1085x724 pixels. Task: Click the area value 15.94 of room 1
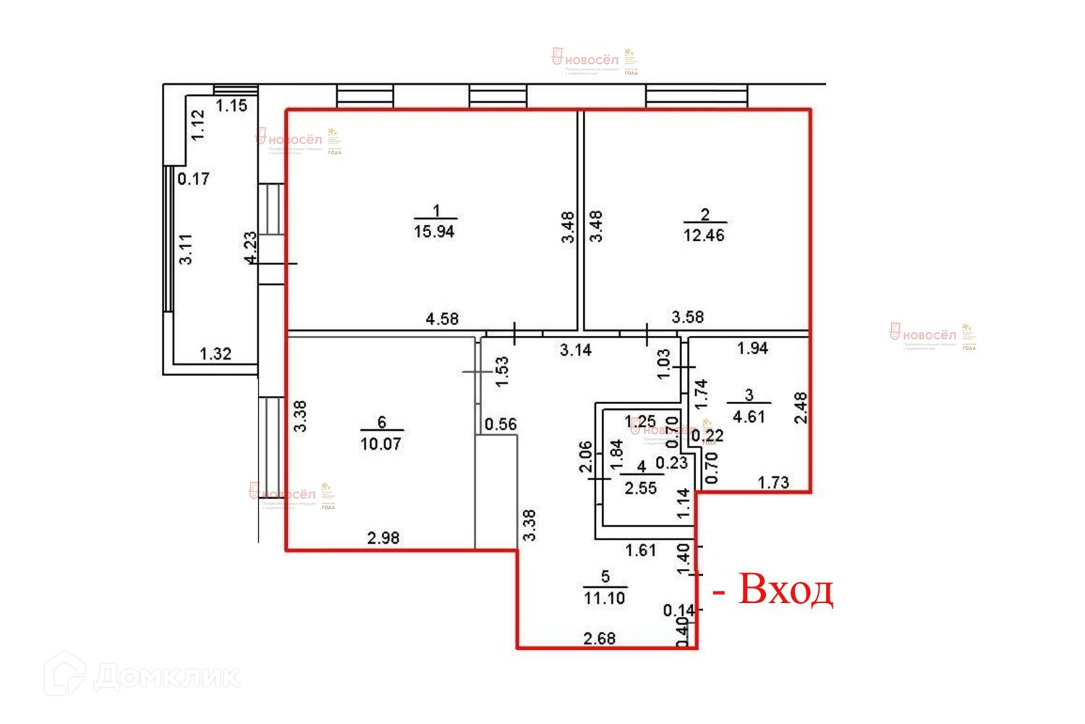tap(434, 232)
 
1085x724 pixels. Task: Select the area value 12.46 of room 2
tap(704, 235)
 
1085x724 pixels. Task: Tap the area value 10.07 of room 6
tap(380, 443)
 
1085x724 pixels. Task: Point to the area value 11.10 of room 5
tap(605, 598)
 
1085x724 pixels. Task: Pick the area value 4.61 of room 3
tap(749, 416)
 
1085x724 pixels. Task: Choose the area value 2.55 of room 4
tap(641, 488)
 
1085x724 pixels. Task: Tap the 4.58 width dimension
tap(441, 319)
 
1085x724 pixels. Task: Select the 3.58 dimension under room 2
tap(687, 317)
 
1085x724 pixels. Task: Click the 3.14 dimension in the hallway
tap(576, 350)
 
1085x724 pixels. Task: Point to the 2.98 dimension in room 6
tap(383, 538)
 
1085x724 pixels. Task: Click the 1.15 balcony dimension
tap(232, 106)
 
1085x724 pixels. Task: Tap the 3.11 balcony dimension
tap(186, 249)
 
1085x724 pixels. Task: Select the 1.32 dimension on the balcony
tap(216, 354)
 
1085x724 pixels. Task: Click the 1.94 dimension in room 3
tap(752, 348)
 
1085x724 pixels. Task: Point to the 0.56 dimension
tap(501, 424)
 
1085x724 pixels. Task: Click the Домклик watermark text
tap(166, 678)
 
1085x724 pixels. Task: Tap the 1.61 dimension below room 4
tap(641, 550)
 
